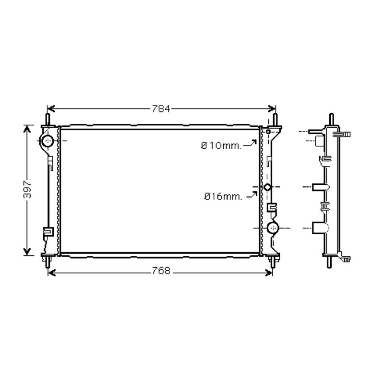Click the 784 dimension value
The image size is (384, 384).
pyautogui.click(x=161, y=109)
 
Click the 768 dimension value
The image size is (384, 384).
pyautogui.click(x=161, y=271)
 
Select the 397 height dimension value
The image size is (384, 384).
pyautogui.click(x=27, y=189)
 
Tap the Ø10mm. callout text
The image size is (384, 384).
pyautogui.click(x=221, y=146)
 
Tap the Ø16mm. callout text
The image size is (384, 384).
pyautogui.click(x=223, y=196)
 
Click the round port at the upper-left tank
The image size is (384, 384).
pyautogui.click(x=48, y=141)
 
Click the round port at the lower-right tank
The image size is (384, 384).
pyautogui.click(x=273, y=228)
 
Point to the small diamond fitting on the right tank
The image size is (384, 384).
pyautogui.click(x=267, y=187)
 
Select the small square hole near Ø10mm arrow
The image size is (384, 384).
pyautogui.click(x=268, y=132)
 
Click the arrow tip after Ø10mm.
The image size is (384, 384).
pyautogui.click(x=256, y=140)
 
